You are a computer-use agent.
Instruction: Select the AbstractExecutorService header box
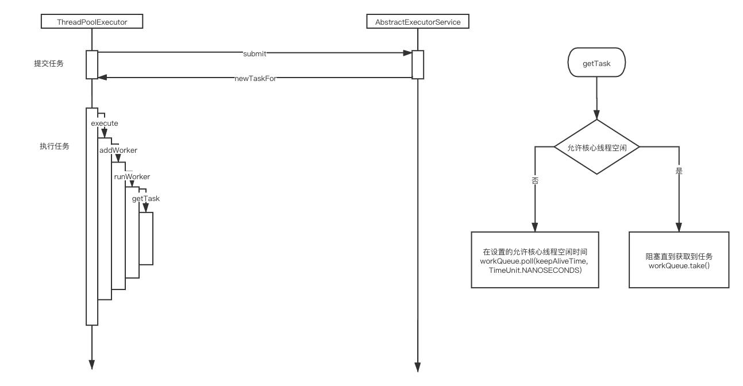click(418, 22)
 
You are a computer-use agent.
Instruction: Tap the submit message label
click(254, 53)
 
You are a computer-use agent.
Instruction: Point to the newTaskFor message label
click(255, 78)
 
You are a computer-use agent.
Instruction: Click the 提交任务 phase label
click(49, 64)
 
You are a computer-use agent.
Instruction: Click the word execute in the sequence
click(105, 123)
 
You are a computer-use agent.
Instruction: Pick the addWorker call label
click(118, 150)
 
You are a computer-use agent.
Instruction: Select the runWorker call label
click(132, 176)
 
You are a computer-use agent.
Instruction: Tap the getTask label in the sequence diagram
click(145, 198)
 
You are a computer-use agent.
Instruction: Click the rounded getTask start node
click(596, 64)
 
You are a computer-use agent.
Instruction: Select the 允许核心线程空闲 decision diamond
click(596, 147)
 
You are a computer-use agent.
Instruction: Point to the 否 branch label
click(535, 179)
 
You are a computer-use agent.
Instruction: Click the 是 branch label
click(679, 171)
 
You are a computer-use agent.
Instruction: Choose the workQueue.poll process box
click(535, 259)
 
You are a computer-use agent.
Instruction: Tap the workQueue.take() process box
click(679, 259)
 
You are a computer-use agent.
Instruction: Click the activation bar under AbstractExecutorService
click(418, 64)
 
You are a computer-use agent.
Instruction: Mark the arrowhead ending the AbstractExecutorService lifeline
click(418, 366)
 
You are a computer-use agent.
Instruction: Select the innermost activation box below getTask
click(146, 238)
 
